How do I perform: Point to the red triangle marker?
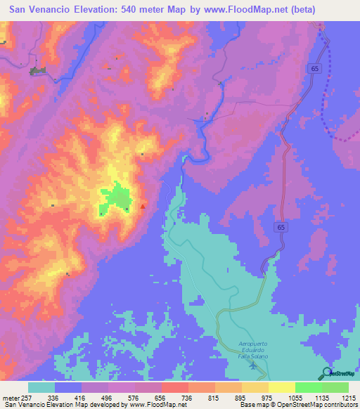coord(143,207)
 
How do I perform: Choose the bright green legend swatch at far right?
coord(335,387)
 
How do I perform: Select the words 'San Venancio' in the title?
coord(40,10)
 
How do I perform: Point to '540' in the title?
coord(129,10)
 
